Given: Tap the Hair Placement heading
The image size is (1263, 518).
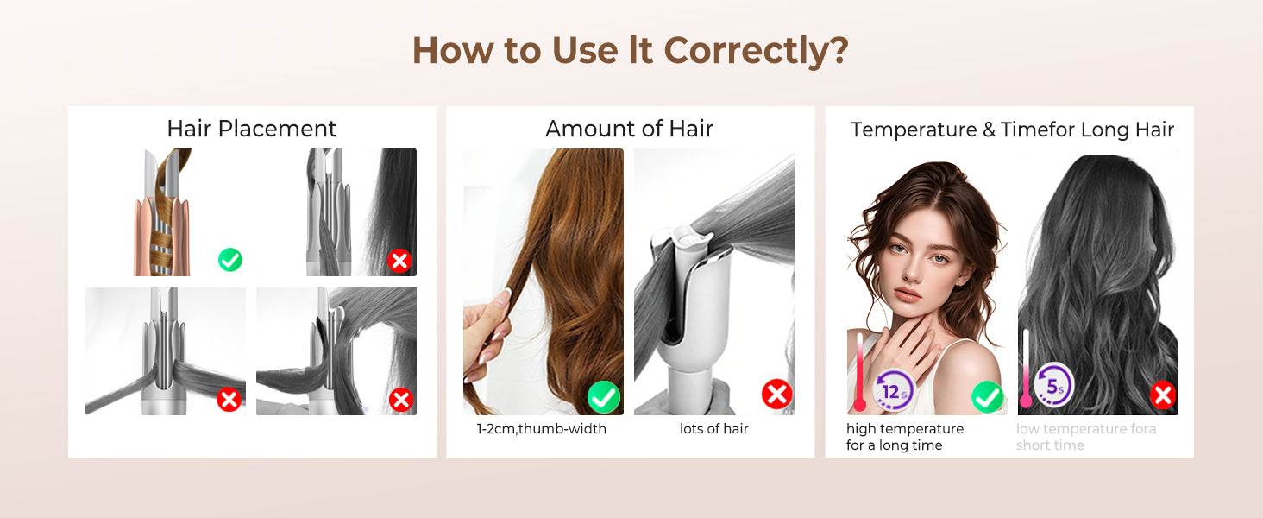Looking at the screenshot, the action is (x=251, y=129).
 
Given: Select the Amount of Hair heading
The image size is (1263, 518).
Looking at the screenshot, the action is (x=629, y=129).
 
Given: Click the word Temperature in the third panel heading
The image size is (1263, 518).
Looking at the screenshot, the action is (x=914, y=130).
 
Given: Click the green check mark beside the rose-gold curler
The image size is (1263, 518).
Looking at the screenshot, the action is (x=230, y=260).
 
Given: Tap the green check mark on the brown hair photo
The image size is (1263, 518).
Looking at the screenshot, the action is (x=603, y=397).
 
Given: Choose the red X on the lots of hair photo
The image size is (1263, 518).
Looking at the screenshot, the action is (x=777, y=394).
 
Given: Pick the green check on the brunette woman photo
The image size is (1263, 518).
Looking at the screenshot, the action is (x=987, y=397).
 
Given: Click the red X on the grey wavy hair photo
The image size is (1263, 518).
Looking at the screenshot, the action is (x=1163, y=395).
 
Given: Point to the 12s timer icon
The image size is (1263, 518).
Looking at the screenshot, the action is (x=894, y=389).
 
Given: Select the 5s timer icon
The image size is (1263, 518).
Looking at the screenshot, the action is (x=1054, y=385).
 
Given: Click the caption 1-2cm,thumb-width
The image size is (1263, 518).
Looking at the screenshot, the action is (x=541, y=429).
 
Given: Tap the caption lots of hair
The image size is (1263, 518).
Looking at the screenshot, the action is (x=713, y=429).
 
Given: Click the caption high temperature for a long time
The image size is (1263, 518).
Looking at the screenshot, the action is (x=904, y=438).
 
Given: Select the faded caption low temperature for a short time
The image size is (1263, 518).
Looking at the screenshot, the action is (x=1086, y=438).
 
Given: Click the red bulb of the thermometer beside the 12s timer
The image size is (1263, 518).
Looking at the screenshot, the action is (x=859, y=404).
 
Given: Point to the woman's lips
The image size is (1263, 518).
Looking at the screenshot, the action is (x=908, y=295).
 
